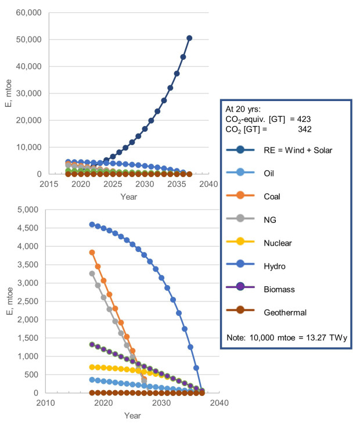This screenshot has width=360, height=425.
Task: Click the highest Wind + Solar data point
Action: click(189, 38)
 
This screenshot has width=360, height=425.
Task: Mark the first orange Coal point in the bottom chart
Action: click(92, 253)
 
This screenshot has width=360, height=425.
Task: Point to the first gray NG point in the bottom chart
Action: click(92, 273)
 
